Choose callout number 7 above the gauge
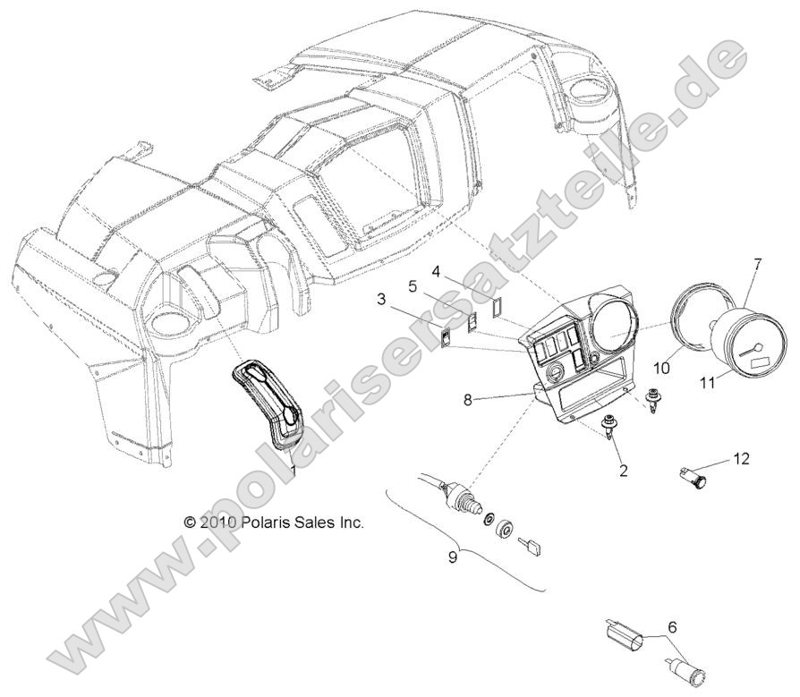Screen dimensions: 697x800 coord(757,264)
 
